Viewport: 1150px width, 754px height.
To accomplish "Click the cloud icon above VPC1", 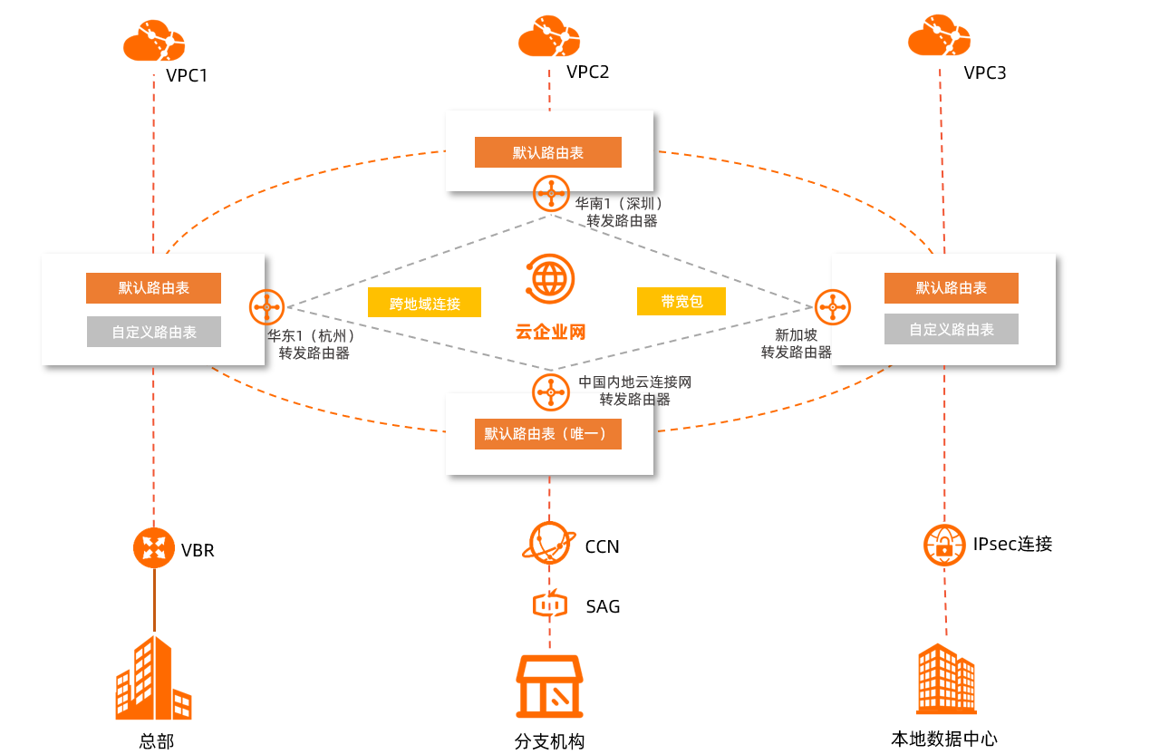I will [x=154, y=42].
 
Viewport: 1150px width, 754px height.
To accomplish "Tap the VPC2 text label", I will [x=588, y=72].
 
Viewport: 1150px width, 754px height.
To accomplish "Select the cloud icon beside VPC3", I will [x=939, y=37].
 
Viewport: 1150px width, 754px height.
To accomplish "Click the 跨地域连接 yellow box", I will [x=424, y=303].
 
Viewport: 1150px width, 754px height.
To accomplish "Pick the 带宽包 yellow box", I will [x=681, y=301].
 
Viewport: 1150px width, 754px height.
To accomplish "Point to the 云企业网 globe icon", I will [x=549, y=277].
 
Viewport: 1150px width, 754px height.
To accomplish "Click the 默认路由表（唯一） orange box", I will [x=547, y=434].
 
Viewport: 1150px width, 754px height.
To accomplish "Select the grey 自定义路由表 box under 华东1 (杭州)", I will [x=154, y=332].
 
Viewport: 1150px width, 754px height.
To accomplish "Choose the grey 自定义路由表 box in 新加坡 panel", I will [x=951, y=329].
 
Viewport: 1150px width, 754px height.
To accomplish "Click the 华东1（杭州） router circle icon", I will [x=267, y=307].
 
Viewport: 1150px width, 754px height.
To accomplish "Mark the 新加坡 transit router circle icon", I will [x=832, y=307].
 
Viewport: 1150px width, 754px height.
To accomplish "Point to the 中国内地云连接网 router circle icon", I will [x=550, y=391].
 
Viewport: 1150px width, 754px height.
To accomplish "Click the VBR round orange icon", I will [x=153, y=547].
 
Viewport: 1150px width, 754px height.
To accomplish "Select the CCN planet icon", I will [x=549, y=544].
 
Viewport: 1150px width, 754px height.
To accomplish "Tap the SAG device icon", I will [x=549, y=604].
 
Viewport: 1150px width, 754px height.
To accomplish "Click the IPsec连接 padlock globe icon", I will [x=944, y=546].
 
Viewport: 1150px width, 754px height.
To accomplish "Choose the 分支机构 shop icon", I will [x=549, y=686].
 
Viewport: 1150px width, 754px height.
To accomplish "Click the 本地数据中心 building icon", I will [x=946, y=680].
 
